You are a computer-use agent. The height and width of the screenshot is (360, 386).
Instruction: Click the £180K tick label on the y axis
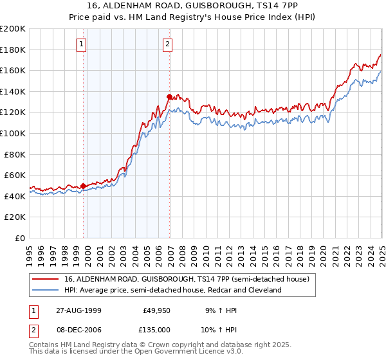13,50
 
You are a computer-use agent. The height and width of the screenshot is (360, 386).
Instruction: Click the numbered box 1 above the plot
82,44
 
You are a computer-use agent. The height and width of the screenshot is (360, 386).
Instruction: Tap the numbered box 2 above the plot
167,44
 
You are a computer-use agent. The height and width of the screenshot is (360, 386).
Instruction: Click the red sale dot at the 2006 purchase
169,97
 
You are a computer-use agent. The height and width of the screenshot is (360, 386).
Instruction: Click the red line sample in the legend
45,280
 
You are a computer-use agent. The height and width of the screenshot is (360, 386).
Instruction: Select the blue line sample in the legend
45,291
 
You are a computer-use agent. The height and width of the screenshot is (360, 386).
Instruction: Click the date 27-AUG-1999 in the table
79,309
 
